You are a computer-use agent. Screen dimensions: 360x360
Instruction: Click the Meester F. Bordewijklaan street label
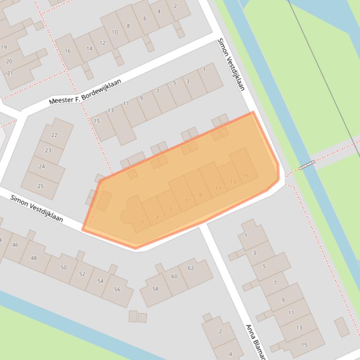point(85,92)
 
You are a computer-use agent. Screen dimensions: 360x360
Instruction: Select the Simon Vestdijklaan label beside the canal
point(231,65)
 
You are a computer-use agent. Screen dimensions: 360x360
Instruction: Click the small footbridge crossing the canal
point(307,164)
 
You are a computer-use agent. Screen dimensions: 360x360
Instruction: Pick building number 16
point(68,51)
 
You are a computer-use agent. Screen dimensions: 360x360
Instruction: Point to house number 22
point(54,135)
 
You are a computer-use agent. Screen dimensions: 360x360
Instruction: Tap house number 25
point(40,186)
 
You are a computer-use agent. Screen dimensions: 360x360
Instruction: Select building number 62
point(191,268)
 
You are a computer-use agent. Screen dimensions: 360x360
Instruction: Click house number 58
point(155,289)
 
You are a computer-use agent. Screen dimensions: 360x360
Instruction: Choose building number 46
point(15,245)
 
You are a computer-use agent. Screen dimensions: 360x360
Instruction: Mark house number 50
point(63,267)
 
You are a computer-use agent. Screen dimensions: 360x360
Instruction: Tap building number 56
point(117,289)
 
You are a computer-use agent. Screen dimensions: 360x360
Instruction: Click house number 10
point(115,32)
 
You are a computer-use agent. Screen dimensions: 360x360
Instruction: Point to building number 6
point(145,19)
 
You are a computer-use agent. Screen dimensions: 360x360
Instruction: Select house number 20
point(9,61)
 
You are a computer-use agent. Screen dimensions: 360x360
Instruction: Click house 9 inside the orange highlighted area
point(200,195)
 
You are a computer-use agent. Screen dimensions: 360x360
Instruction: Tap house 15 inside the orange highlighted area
point(246,176)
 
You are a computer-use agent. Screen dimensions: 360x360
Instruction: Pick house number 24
point(42,166)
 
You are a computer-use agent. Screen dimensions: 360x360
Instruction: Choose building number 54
point(100,281)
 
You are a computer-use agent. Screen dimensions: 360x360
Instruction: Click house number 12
point(102,43)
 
